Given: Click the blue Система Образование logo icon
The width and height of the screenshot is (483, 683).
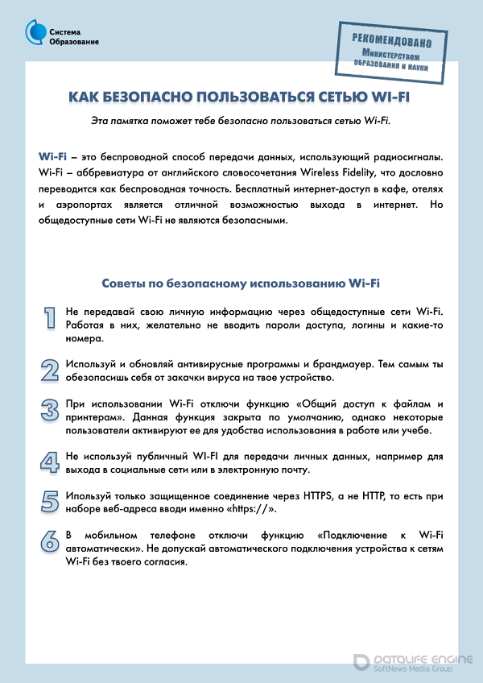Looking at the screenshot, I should [x=37, y=32].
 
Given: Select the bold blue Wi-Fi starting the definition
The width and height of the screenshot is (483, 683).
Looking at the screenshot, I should [x=52, y=155].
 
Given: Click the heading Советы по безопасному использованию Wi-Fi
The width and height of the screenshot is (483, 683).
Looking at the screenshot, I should [x=241, y=284].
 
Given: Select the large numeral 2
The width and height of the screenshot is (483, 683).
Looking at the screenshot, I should [x=50, y=370].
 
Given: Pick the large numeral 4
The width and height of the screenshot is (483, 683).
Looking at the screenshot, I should [x=50, y=462].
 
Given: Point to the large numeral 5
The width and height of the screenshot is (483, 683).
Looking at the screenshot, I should [x=50, y=501].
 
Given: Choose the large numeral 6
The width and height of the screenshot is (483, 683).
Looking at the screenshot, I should [x=50, y=540].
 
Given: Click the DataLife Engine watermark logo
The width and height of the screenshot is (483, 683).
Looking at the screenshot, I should [x=412, y=660].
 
